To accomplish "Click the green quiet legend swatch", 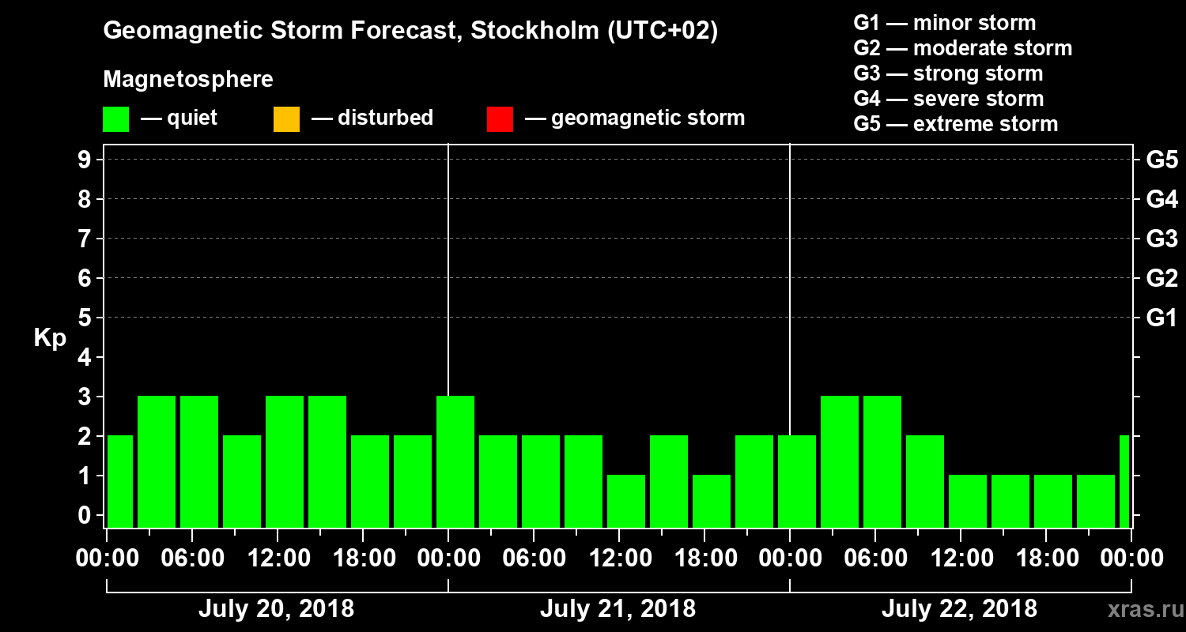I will click(115, 118).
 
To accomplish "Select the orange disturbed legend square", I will click(286, 118).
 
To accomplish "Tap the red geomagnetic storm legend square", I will click(500, 118).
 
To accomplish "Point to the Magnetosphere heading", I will click(188, 80).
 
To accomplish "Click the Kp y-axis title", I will click(50, 338).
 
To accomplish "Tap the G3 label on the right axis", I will click(1161, 239).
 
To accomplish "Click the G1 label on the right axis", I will click(1161, 318).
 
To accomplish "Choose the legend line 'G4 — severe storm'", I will click(948, 99).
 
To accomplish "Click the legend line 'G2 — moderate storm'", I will click(962, 48).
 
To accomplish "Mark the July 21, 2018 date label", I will click(618, 609).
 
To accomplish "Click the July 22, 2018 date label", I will click(959, 609).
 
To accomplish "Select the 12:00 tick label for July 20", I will click(278, 558).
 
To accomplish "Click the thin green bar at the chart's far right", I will click(1124, 481).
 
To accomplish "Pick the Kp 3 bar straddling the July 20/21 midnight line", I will click(455, 461).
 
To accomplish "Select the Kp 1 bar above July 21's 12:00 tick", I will click(626, 501).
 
